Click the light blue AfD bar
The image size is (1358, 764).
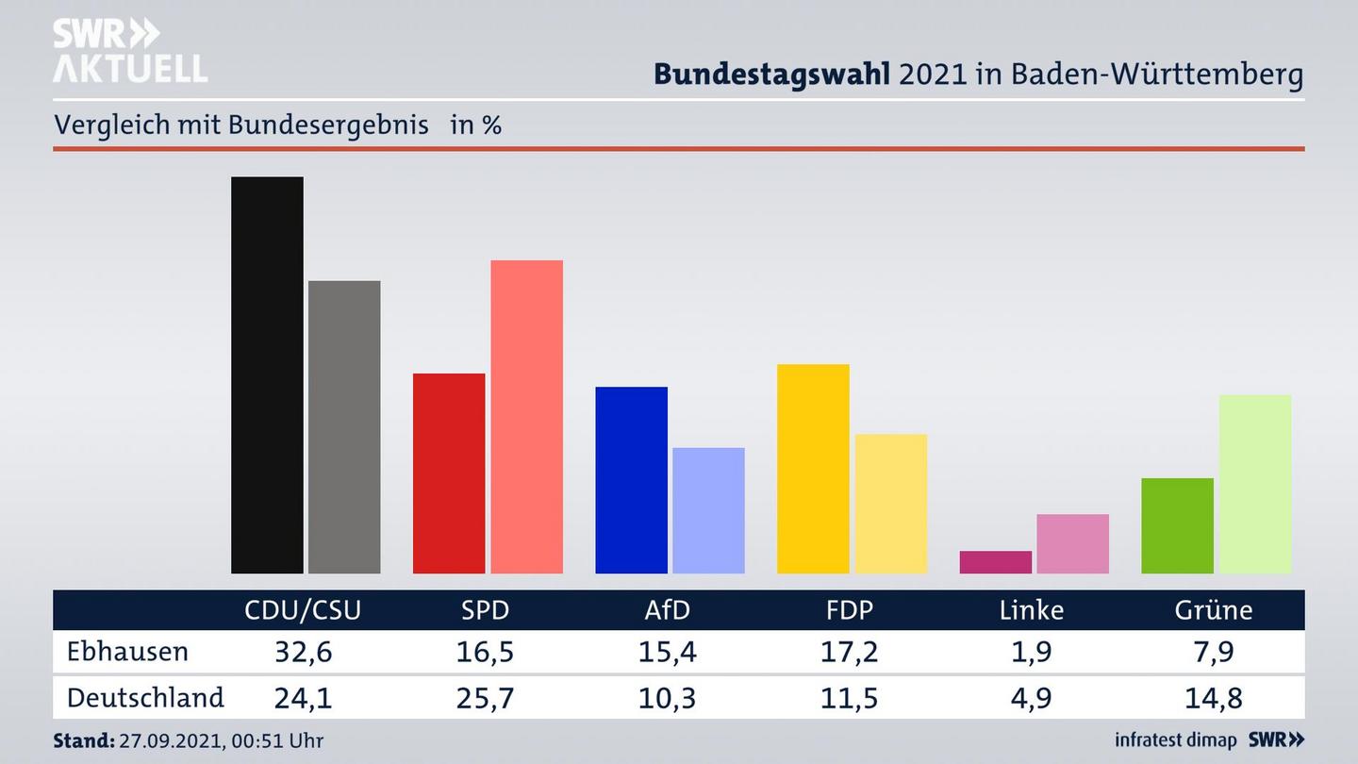coord(708,510)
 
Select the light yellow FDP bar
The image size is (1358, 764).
coord(890,504)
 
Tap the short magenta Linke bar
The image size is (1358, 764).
coord(995,562)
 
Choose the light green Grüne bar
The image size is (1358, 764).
coord(1254,484)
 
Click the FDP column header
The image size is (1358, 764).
coord(849,610)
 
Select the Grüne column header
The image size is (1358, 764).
coord(1213,610)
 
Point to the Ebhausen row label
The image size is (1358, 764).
coord(127,652)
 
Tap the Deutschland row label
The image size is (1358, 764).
coord(145,698)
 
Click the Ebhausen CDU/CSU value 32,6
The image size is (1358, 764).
coord(303,652)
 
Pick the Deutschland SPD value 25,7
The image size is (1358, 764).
coord(485,698)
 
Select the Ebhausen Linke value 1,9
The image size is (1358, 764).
coord(1031,652)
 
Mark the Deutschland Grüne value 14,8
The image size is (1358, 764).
coord(1213,698)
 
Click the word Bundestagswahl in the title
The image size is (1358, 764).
coord(771,75)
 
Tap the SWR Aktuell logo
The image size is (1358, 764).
coord(129,51)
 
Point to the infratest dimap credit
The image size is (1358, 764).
coord(1175,740)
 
